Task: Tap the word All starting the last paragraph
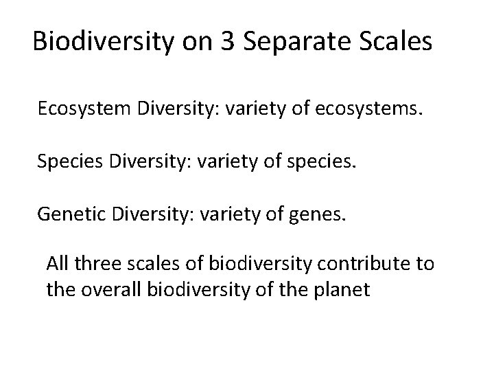coord(57,264)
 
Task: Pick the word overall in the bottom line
coord(104,289)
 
